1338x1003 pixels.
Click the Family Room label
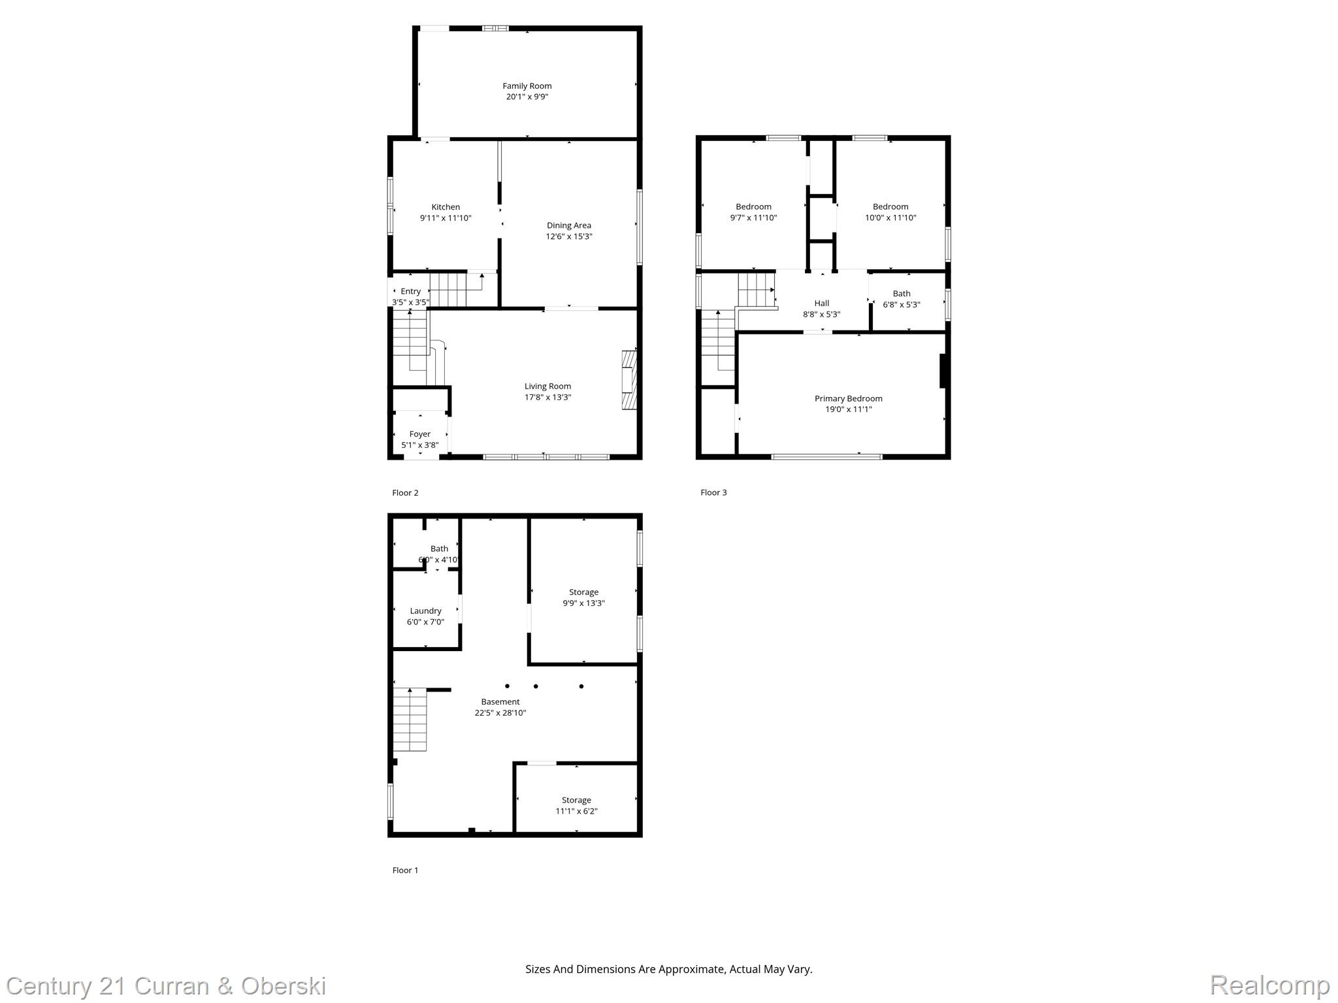pos(527,86)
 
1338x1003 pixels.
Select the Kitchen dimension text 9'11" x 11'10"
pos(446,218)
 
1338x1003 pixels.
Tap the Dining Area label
pos(568,226)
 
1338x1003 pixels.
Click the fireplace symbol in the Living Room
pos(628,380)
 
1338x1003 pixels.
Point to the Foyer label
pos(419,434)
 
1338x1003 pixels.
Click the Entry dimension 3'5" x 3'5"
pos(410,302)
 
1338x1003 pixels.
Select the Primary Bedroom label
pos(848,398)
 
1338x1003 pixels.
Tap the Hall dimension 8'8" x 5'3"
pos(821,314)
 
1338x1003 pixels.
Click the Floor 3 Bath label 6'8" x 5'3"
pos(901,299)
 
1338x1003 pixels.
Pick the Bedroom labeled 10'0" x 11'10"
pos(890,212)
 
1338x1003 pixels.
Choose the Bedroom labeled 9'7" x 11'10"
pos(753,212)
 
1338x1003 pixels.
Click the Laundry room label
pos(425,611)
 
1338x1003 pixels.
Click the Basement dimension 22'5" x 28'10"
pos(500,713)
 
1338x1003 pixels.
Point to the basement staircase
pos(410,720)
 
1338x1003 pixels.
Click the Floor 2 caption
pos(405,493)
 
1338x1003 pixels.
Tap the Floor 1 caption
pos(405,870)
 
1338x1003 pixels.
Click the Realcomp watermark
pos(1269,985)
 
